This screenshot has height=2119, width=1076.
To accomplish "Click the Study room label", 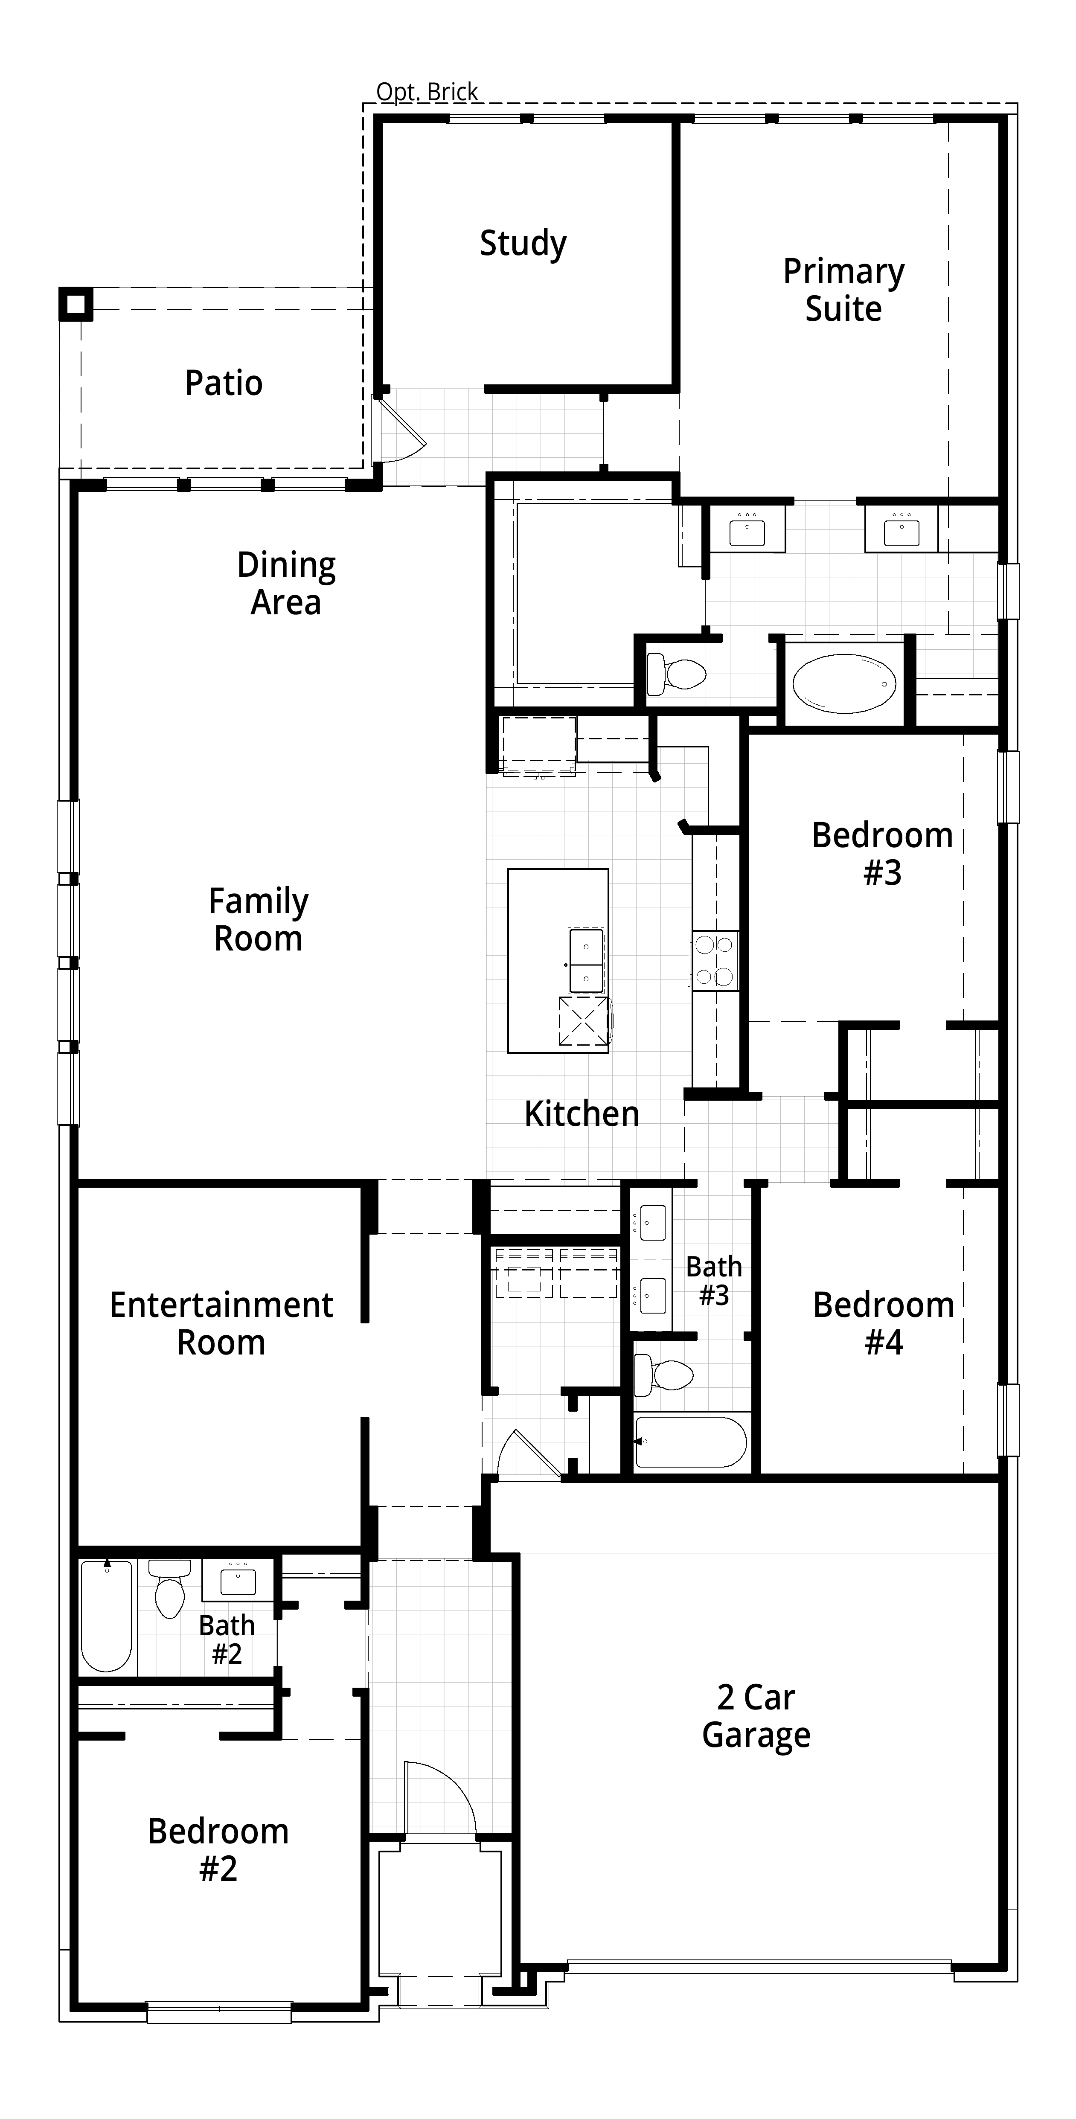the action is click(523, 244).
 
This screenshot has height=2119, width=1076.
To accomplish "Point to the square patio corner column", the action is click(75, 303).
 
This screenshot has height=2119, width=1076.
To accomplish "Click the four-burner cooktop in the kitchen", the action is click(714, 960).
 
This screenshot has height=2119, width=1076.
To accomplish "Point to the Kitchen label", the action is click(582, 1114).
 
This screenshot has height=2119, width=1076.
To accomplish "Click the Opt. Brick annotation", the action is click(427, 92).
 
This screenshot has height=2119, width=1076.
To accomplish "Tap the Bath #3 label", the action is click(714, 1281).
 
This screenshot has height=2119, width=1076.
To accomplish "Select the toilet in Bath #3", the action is click(663, 1375).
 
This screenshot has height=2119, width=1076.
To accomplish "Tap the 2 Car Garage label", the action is click(756, 1717).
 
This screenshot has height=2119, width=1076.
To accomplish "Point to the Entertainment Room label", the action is click(221, 1323).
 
